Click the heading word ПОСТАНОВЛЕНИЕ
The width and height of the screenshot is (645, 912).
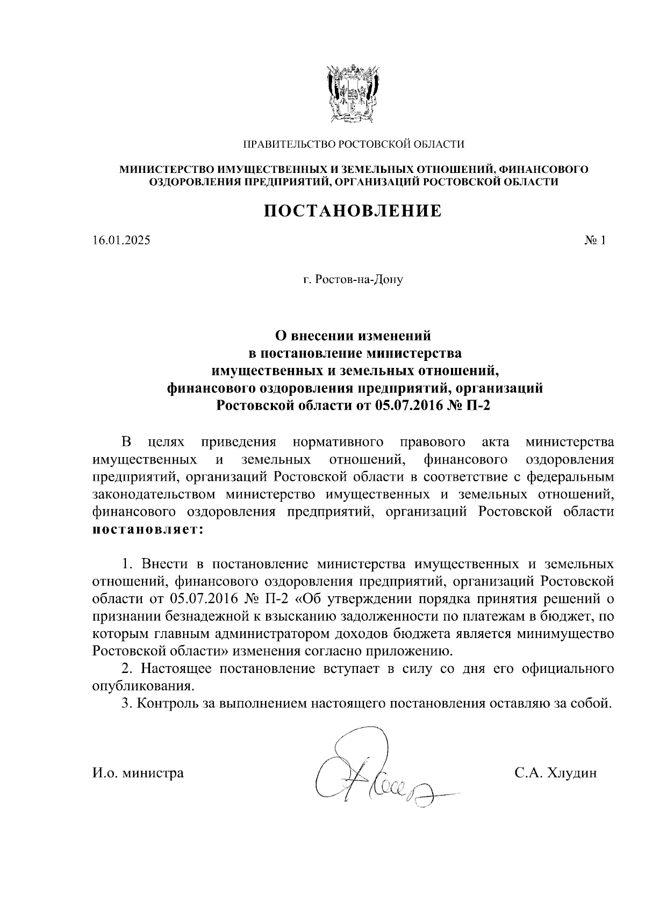pos(353,211)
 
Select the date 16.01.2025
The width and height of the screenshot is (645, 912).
pos(121,241)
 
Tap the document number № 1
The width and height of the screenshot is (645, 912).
pos(594,241)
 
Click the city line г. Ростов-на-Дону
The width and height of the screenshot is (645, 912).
pos(353,280)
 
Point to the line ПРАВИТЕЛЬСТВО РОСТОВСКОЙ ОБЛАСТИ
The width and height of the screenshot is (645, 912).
pos(353,144)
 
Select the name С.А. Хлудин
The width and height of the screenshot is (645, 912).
pos(555,773)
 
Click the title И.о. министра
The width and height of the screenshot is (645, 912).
pos(138,773)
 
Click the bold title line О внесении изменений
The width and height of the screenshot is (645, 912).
pos(353,336)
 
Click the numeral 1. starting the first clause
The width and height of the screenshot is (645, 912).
pos(127,564)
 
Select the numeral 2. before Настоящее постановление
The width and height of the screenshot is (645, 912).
pos(127,669)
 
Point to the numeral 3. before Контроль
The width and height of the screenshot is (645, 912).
pos(127,704)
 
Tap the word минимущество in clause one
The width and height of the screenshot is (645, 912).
pos(565,634)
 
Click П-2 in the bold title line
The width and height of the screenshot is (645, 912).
pos(479,406)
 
